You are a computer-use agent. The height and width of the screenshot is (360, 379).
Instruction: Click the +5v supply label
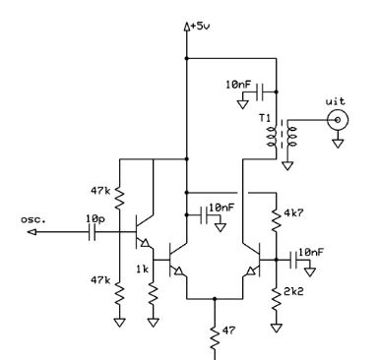[x=200, y=26]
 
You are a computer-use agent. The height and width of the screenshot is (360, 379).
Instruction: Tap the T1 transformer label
[x=265, y=118]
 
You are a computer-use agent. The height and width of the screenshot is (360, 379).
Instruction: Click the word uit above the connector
[x=336, y=101]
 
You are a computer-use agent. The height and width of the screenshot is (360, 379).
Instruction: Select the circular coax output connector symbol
[x=338, y=120]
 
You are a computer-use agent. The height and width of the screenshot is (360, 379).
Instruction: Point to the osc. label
[x=33, y=219]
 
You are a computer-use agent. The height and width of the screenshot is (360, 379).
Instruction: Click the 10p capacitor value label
[x=95, y=218]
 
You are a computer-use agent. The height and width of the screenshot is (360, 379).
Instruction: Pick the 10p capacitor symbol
[x=93, y=232]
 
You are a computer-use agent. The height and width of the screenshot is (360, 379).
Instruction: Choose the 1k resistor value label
[x=143, y=270]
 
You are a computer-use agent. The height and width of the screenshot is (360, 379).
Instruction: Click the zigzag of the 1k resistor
[x=154, y=297]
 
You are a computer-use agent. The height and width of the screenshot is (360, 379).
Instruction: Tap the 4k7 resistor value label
[x=293, y=213]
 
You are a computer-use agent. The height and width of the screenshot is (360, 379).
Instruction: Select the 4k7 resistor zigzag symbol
[x=277, y=217]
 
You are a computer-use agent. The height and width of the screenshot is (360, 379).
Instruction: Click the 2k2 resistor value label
[x=293, y=291]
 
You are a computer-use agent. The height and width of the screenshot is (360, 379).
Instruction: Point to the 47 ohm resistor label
[x=228, y=330]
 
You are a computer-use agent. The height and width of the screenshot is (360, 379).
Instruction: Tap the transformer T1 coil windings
[x=282, y=137]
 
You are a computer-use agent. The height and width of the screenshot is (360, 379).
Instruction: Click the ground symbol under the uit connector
[x=338, y=144]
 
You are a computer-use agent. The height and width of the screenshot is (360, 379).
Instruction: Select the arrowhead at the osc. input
[x=32, y=232]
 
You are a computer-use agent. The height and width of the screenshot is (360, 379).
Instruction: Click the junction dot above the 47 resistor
[x=215, y=299]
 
